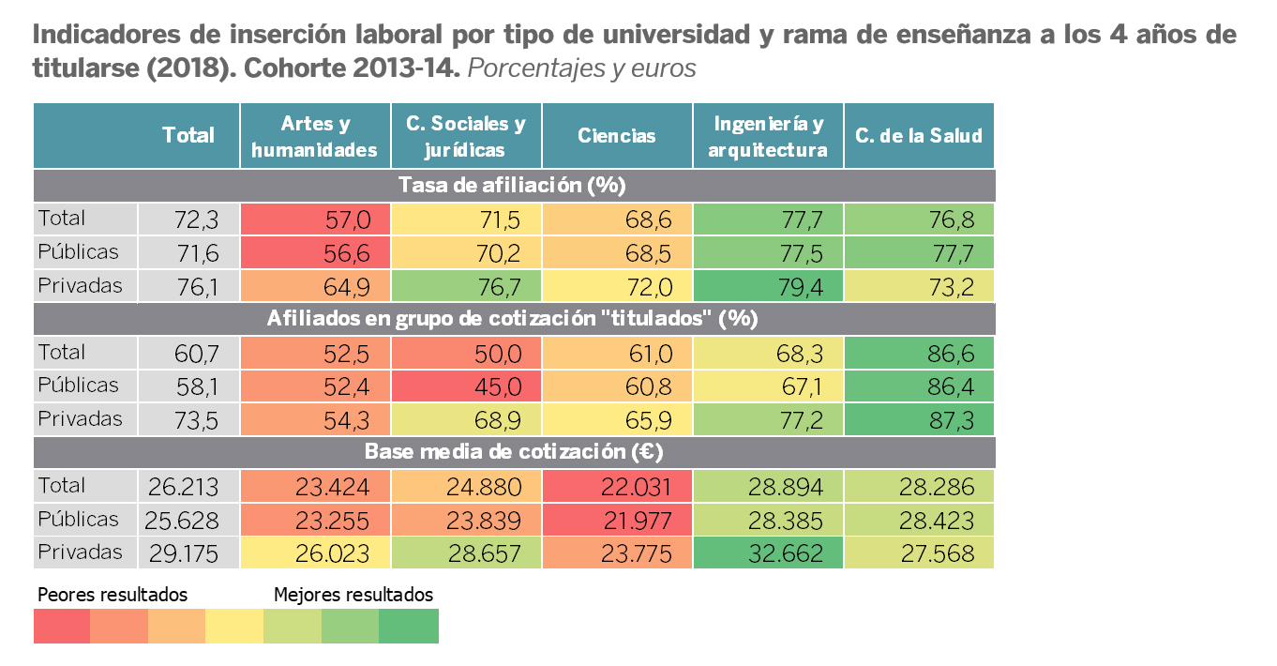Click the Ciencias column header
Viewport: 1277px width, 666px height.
(x=617, y=136)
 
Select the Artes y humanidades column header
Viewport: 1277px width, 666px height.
(x=315, y=136)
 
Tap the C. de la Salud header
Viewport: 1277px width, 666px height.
(x=919, y=136)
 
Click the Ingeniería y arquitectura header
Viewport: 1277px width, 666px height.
(x=768, y=136)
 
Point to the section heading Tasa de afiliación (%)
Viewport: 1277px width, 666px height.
(x=512, y=185)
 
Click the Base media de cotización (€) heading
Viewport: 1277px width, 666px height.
(x=514, y=452)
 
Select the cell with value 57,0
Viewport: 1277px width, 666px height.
(x=315, y=219)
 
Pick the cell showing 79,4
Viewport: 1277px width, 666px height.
(x=768, y=286)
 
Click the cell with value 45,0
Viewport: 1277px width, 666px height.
(x=466, y=386)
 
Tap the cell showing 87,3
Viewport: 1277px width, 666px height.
(x=919, y=419)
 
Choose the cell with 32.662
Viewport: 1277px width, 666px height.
(x=768, y=553)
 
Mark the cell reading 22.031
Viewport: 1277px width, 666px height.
(x=617, y=487)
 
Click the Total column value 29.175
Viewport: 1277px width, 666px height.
(x=188, y=553)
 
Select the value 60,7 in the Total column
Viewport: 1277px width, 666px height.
(x=188, y=354)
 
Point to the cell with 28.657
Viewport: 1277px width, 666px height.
(x=466, y=553)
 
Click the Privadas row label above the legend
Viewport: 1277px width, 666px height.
(x=80, y=552)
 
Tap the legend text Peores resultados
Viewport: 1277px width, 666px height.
(x=113, y=595)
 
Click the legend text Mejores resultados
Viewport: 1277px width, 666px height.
(x=353, y=595)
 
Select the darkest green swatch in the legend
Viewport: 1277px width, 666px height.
(x=409, y=626)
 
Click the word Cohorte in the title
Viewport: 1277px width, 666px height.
(x=293, y=68)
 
